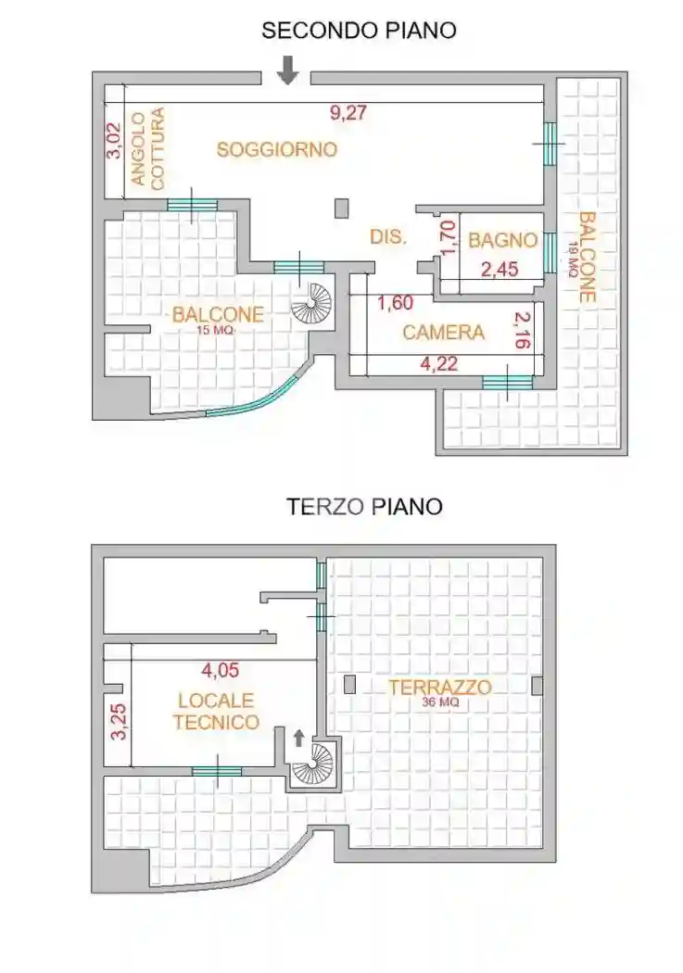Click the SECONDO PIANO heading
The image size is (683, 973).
[x=359, y=31]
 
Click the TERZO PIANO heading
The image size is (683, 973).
[x=363, y=507]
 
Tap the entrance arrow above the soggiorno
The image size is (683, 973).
[x=288, y=69]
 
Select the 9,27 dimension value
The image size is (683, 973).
[x=348, y=114]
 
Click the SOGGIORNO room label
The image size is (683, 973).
[x=276, y=149]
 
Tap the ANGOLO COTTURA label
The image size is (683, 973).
[x=147, y=149]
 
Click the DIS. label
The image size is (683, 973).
[x=388, y=237]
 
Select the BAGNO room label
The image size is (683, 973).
[x=502, y=241]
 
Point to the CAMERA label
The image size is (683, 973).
[x=444, y=332]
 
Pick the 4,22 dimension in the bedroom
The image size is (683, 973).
[x=439, y=364]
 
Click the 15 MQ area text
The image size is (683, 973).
[x=215, y=331]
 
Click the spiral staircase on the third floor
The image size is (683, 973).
[x=312, y=764]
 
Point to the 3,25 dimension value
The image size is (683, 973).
[x=118, y=720]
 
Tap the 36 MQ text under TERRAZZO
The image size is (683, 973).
[x=439, y=702]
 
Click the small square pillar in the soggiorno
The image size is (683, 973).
[x=342, y=208]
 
